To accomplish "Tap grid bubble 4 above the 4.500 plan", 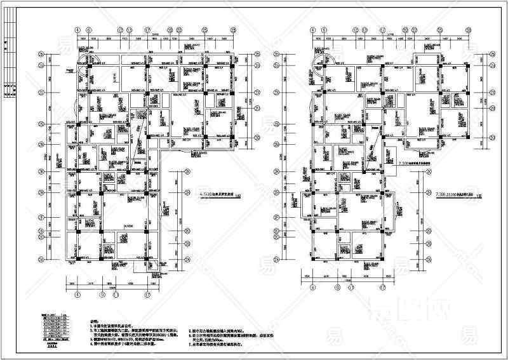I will pos(77,29).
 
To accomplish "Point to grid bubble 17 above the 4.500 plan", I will pos(147,29).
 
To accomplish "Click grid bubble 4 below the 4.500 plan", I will pos(77,294).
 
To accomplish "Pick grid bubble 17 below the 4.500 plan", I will pos(147,294).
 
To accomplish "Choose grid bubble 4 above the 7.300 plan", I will pos(313,29).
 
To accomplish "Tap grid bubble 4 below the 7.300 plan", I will pos(313,286).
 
